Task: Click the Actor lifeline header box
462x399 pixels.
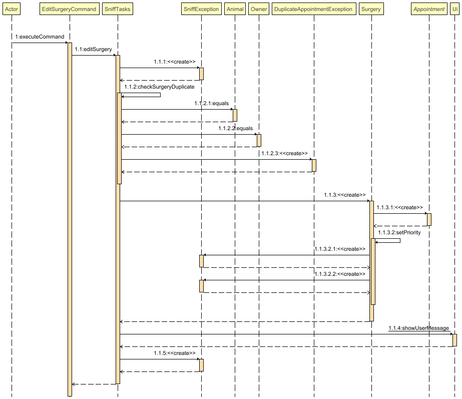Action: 11,9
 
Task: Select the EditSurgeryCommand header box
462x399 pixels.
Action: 70,9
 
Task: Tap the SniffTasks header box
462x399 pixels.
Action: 118,9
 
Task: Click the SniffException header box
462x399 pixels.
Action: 201,9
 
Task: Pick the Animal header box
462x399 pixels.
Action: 235,9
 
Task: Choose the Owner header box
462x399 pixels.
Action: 259,9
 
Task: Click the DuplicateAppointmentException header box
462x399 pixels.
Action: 314,9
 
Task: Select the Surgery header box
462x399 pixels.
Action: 371,9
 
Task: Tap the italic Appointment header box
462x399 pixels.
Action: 429,9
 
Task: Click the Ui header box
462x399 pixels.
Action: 454,9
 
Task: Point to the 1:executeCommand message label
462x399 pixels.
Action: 40,37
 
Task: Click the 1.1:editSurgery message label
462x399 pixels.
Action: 93,49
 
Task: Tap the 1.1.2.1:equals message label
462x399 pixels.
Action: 211,103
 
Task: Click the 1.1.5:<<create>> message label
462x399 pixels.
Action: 174,353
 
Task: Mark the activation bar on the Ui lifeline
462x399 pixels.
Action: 454,340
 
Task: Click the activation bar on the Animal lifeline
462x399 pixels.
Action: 235,115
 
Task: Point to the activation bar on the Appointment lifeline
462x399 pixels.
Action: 429,219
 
